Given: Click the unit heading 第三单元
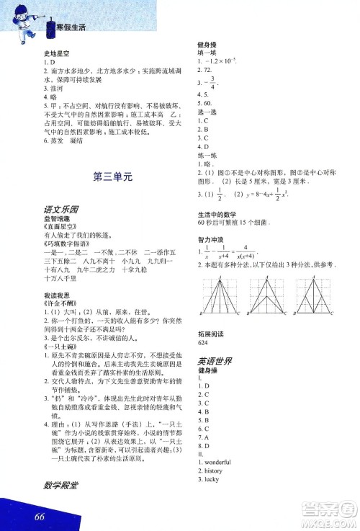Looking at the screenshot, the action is [x=112, y=175].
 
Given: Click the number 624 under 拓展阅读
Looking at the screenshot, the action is [x=202, y=342].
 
